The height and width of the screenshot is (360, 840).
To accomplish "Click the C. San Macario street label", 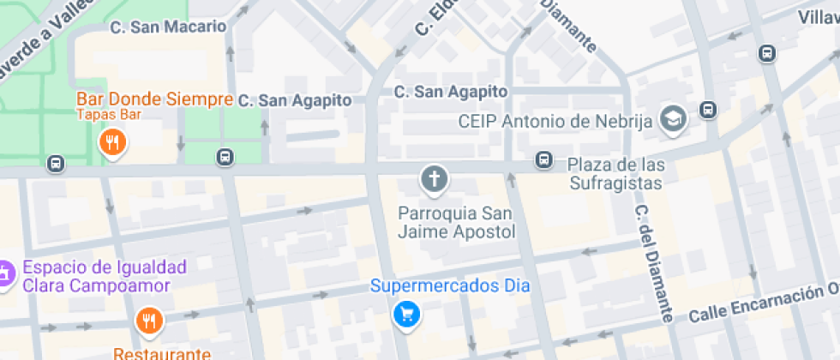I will pyautogui.click(x=168, y=27).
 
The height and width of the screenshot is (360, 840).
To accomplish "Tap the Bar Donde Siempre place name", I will pyautogui.click(x=154, y=99).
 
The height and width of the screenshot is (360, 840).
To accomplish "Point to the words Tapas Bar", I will pyautogui.click(x=109, y=113).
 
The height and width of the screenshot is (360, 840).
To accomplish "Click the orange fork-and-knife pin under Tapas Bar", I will pyautogui.click(x=112, y=142).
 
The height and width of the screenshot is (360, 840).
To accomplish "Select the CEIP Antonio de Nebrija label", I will pyautogui.click(x=555, y=121).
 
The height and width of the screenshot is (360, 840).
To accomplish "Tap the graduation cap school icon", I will pyautogui.click(x=674, y=120).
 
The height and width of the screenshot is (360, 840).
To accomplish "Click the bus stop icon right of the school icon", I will pyautogui.click(x=708, y=110).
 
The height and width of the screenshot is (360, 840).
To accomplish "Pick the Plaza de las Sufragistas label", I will pyautogui.click(x=615, y=173).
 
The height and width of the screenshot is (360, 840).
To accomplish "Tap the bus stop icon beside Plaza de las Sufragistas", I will pyautogui.click(x=543, y=159).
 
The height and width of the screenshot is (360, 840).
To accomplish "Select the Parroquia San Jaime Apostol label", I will pyautogui.click(x=457, y=221).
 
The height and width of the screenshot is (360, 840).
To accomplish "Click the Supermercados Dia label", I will pyautogui.click(x=450, y=285).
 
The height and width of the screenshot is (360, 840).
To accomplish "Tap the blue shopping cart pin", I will pyautogui.click(x=406, y=315).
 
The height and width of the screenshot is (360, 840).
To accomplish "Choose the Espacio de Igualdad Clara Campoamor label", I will pyautogui.click(x=96, y=276).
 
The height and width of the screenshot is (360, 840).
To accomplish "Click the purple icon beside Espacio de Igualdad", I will pyautogui.click(x=5, y=275).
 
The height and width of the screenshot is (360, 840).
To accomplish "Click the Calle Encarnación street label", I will pyautogui.click(x=764, y=303).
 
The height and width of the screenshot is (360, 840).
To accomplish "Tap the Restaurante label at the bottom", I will pyautogui.click(x=162, y=353).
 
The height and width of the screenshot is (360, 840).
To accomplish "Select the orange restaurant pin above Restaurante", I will pyautogui.click(x=149, y=321).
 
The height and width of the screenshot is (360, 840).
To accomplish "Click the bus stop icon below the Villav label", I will pyautogui.click(x=767, y=53).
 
